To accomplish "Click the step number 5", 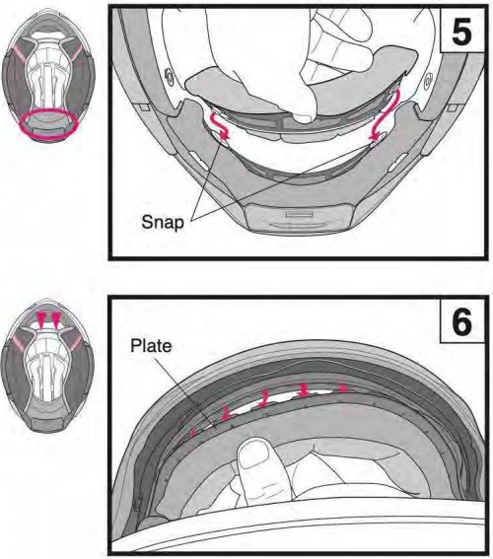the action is tap(461, 32).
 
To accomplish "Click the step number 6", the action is tap(461, 322).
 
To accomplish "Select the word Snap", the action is tap(163, 223).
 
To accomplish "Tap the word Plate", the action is tap(151, 346).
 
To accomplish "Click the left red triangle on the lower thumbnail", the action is tap(41, 319).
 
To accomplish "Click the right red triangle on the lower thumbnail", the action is tap(56, 319).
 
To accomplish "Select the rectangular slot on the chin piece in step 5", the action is tap(299, 215).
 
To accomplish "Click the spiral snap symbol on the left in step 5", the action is tap(169, 76).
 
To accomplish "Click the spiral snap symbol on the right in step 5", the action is tap(428, 81).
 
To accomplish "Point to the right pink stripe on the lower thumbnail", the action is tap(76, 343).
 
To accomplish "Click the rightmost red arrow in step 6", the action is tap(342, 387).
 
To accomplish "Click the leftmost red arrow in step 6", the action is tap(193, 432).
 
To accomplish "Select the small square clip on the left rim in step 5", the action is tap(143, 107).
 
